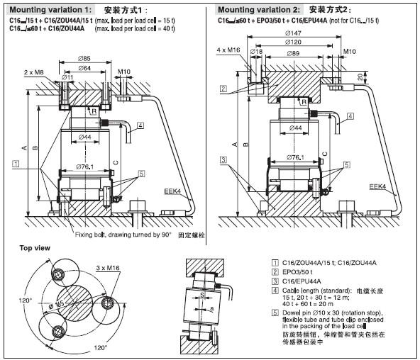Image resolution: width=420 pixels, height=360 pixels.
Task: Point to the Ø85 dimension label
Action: pos(84,58)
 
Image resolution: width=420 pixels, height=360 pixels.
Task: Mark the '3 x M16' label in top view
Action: pos(107,266)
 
